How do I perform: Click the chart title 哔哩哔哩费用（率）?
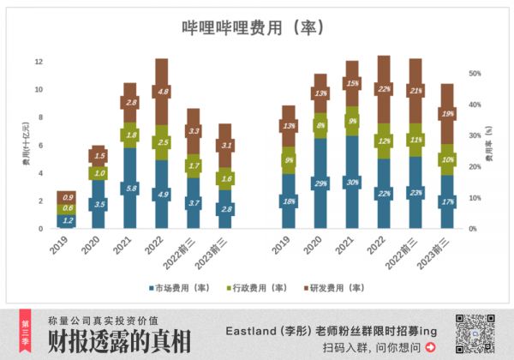click(x=254, y=27)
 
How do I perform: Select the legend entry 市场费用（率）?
click(x=178, y=286)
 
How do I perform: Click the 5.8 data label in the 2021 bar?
click(x=131, y=188)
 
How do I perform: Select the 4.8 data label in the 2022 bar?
click(x=163, y=91)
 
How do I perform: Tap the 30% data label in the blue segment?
click(x=353, y=182)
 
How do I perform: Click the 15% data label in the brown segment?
click(x=353, y=83)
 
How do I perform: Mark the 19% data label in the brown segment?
click(x=447, y=113)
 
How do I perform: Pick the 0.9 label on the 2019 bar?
click(x=67, y=197)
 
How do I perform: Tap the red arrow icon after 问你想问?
click(x=431, y=347)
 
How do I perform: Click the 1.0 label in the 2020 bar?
click(x=99, y=173)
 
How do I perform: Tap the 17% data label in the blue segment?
click(x=447, y=202)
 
